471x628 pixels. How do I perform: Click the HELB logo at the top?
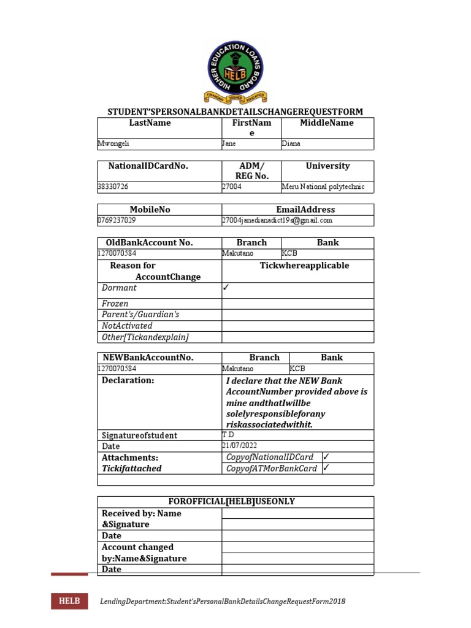pos(235,72)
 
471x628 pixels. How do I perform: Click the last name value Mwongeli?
pos(114,144)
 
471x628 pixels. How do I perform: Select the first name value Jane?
pos(229,144)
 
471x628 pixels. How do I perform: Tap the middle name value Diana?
pos(291,144)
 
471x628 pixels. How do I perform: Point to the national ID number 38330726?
pos(113,186)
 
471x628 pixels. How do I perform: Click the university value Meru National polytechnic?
pos(323,186)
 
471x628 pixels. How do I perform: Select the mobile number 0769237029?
pos(117,220)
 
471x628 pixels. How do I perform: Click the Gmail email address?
pos(277,220)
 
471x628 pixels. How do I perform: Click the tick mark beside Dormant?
pos(226,287)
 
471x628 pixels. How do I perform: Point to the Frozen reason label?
pos(115,304)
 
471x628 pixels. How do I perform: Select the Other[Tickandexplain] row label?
pos(145,337)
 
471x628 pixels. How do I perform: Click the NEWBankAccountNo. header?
pos(148,358)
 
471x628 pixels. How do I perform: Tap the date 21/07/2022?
pos(241,446)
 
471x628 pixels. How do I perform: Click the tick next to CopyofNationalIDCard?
pos(326,457)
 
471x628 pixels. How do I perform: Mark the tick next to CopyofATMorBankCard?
pos(326,469)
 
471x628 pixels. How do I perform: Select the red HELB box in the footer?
pos(69,601)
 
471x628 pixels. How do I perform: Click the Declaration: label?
pos(128,380)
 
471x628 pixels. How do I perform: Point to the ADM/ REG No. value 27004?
pos(232,186)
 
